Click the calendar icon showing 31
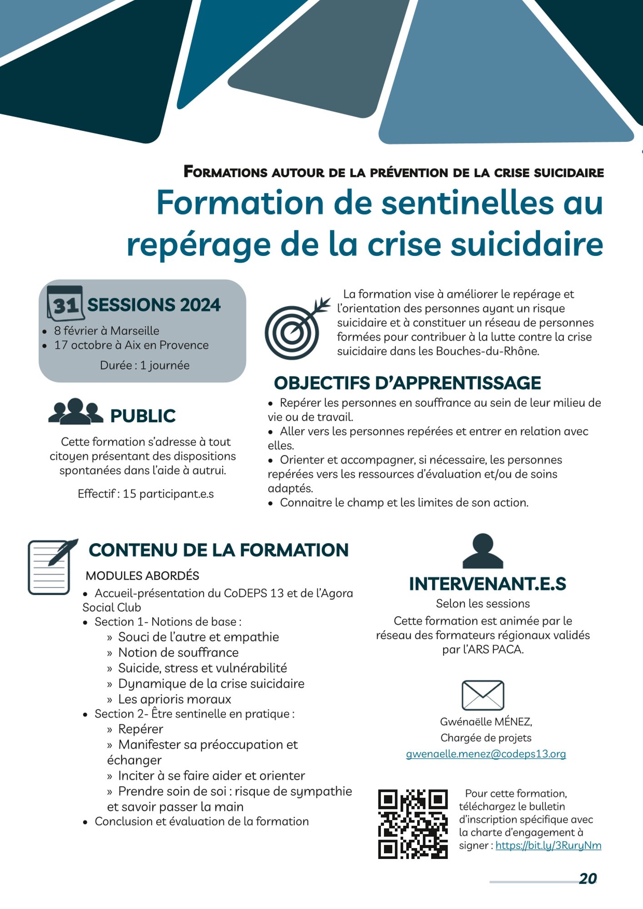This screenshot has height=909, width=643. coord(65,303)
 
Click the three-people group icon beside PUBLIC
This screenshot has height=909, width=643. coord(75,412)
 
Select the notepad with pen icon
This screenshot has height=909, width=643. coord(51,566)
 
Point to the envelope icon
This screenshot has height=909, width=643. coord(483,695)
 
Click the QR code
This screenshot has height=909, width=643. coord(413,824)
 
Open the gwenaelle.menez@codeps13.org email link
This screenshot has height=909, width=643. coord(486,754)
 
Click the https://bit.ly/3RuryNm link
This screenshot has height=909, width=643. coord(548,845)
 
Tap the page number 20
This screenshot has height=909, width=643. coord(588,879)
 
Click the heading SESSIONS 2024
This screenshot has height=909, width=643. coord(154,305)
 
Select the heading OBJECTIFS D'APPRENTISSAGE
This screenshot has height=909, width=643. coord(407,383)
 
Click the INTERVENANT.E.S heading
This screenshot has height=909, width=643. coord(487,584)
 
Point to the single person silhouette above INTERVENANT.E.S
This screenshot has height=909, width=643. coord(483,551)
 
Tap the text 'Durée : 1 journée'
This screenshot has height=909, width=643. coord(145,365)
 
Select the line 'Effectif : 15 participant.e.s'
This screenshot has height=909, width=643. coord(145,494)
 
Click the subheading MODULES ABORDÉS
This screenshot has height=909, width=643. coord(142,576)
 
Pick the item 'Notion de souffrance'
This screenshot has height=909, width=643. coord(178,653)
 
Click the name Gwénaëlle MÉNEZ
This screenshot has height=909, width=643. coord(486,722)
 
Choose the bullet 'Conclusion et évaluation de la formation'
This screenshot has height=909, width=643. coord(201,821)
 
